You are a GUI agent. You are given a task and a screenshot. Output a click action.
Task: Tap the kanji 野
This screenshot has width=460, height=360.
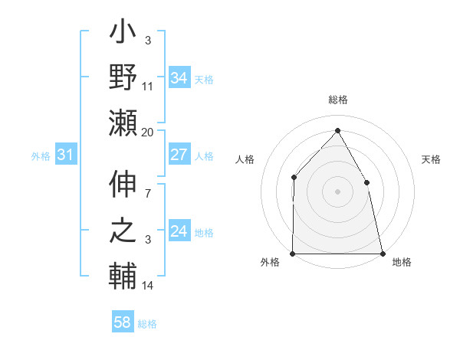[x=123, y=79]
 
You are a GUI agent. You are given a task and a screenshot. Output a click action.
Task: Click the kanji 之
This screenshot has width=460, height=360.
[x=123, y=231]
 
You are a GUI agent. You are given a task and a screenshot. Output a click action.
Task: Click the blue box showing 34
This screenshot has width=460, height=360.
[x=179, y=78]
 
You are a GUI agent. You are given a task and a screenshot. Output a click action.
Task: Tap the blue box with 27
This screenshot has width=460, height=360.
[x=179, y=155]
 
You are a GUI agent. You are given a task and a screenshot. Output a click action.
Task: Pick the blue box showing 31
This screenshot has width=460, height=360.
[x=66, y=155]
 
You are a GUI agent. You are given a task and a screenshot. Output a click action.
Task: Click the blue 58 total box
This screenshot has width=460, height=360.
[x=123, y=323]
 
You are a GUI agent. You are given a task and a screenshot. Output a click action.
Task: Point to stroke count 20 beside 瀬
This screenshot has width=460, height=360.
[x=148, y=133]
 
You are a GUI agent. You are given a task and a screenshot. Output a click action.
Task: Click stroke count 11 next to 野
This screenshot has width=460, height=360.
[x=148, y=87]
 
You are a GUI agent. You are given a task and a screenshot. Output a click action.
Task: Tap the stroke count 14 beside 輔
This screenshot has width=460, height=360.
[x=148, y=286]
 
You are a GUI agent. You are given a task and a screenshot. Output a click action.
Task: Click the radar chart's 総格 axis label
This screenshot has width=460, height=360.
[x=337, y=100]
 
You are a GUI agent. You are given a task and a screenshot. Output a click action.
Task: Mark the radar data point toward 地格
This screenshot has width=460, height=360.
[x=383, y=253]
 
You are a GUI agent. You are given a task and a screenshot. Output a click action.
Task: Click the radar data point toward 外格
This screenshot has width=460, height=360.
[x=293, y=253]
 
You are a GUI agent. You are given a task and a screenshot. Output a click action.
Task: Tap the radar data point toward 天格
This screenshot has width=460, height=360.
[x=366, y=182]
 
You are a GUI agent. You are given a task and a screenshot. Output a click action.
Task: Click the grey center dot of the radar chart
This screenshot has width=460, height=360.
[x=337, y=191]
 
